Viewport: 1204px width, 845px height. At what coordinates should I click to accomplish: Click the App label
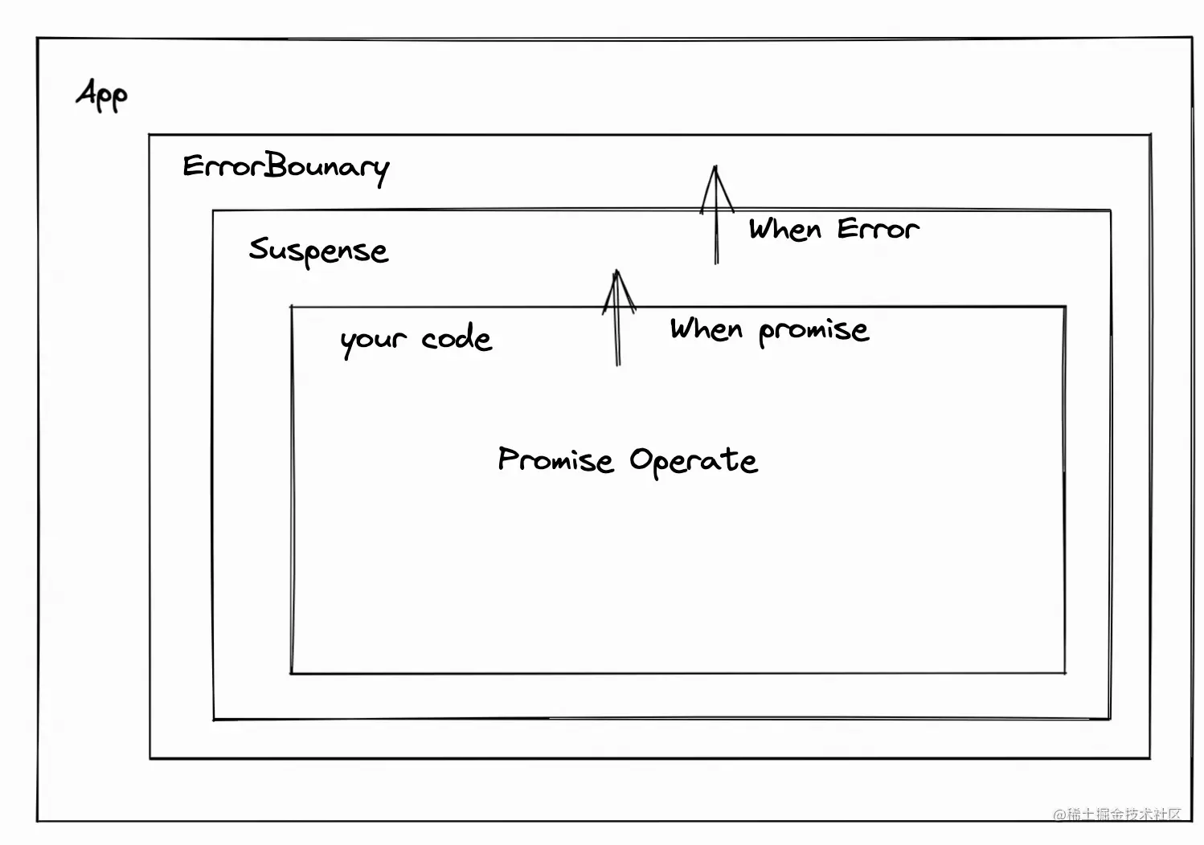[x=102, y=95]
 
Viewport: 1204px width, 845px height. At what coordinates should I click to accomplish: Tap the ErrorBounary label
[x=285, y=167]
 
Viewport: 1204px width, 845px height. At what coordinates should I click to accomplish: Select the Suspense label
[x=318, y=251]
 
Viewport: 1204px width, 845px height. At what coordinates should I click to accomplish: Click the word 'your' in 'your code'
[x=372, y=341]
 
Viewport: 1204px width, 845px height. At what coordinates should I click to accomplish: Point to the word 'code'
[x=456, y=338]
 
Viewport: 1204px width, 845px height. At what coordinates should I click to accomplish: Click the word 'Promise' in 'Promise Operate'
[x=555, y=460]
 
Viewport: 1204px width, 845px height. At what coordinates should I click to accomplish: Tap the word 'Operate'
[x=693, y=461]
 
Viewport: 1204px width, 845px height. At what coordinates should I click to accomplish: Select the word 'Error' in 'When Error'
[x=877, y=230]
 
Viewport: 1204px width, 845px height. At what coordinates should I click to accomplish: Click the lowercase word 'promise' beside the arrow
[x=813, y=330]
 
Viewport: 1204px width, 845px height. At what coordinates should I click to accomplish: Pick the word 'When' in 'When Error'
[x=785, y=230]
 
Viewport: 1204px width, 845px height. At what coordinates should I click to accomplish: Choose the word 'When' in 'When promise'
[x=706, y=329]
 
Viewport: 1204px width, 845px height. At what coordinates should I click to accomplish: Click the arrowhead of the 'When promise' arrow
[x=618, y=284]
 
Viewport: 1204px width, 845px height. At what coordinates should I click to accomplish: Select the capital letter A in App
[x=87, y=92]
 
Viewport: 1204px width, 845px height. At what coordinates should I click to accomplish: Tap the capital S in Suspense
[x=259, y=248]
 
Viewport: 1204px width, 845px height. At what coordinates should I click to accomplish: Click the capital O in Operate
[x=641, y=460]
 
